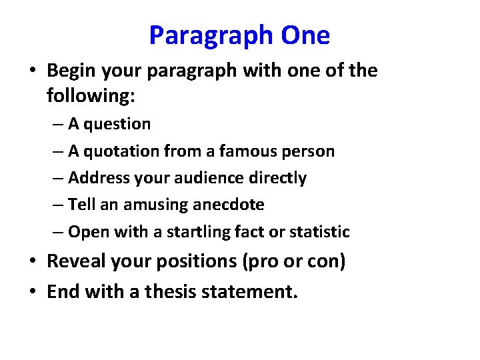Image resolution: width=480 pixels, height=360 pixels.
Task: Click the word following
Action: coord(91,96)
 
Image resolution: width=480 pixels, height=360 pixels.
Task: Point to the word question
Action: coord(118,125)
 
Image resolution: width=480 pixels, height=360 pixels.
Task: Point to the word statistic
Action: coord(321,232)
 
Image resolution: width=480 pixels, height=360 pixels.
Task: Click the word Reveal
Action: coord(75,261)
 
